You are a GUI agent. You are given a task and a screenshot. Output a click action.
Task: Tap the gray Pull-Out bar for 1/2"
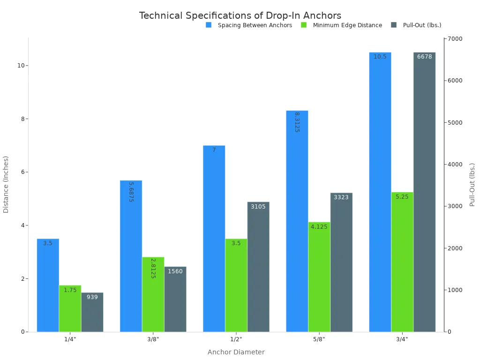click(258, 267)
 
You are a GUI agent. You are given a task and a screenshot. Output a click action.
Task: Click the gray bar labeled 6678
click(424, 192)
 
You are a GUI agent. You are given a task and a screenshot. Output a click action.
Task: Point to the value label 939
click(92, 297)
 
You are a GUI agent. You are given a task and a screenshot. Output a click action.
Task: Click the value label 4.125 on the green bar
click(319, 227)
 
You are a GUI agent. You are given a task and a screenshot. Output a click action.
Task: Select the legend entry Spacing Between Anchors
click(255, 25)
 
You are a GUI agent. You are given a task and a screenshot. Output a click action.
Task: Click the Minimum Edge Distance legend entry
click(347, 25)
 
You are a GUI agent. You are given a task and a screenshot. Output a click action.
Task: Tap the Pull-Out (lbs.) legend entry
click(422, 25)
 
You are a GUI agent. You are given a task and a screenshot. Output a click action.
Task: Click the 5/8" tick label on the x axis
click(319, 339)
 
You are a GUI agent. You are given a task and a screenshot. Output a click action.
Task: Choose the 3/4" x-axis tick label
click(402, 339)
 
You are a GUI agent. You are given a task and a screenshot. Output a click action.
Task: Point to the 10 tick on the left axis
click(21, 66)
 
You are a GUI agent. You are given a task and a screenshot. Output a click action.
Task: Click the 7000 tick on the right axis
click(456, 39)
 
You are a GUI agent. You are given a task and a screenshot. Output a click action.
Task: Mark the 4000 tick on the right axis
click(456, 165)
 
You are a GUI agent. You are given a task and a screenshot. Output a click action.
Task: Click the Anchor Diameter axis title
click(236, 352)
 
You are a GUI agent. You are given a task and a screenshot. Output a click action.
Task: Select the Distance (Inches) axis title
click(6, 184)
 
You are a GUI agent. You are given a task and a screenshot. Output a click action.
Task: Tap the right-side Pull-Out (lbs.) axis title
click(472, 184)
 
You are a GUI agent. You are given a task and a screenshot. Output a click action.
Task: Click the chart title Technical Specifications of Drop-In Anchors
click(240, 15)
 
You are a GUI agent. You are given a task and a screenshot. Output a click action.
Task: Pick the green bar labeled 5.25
click(402, 262)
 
